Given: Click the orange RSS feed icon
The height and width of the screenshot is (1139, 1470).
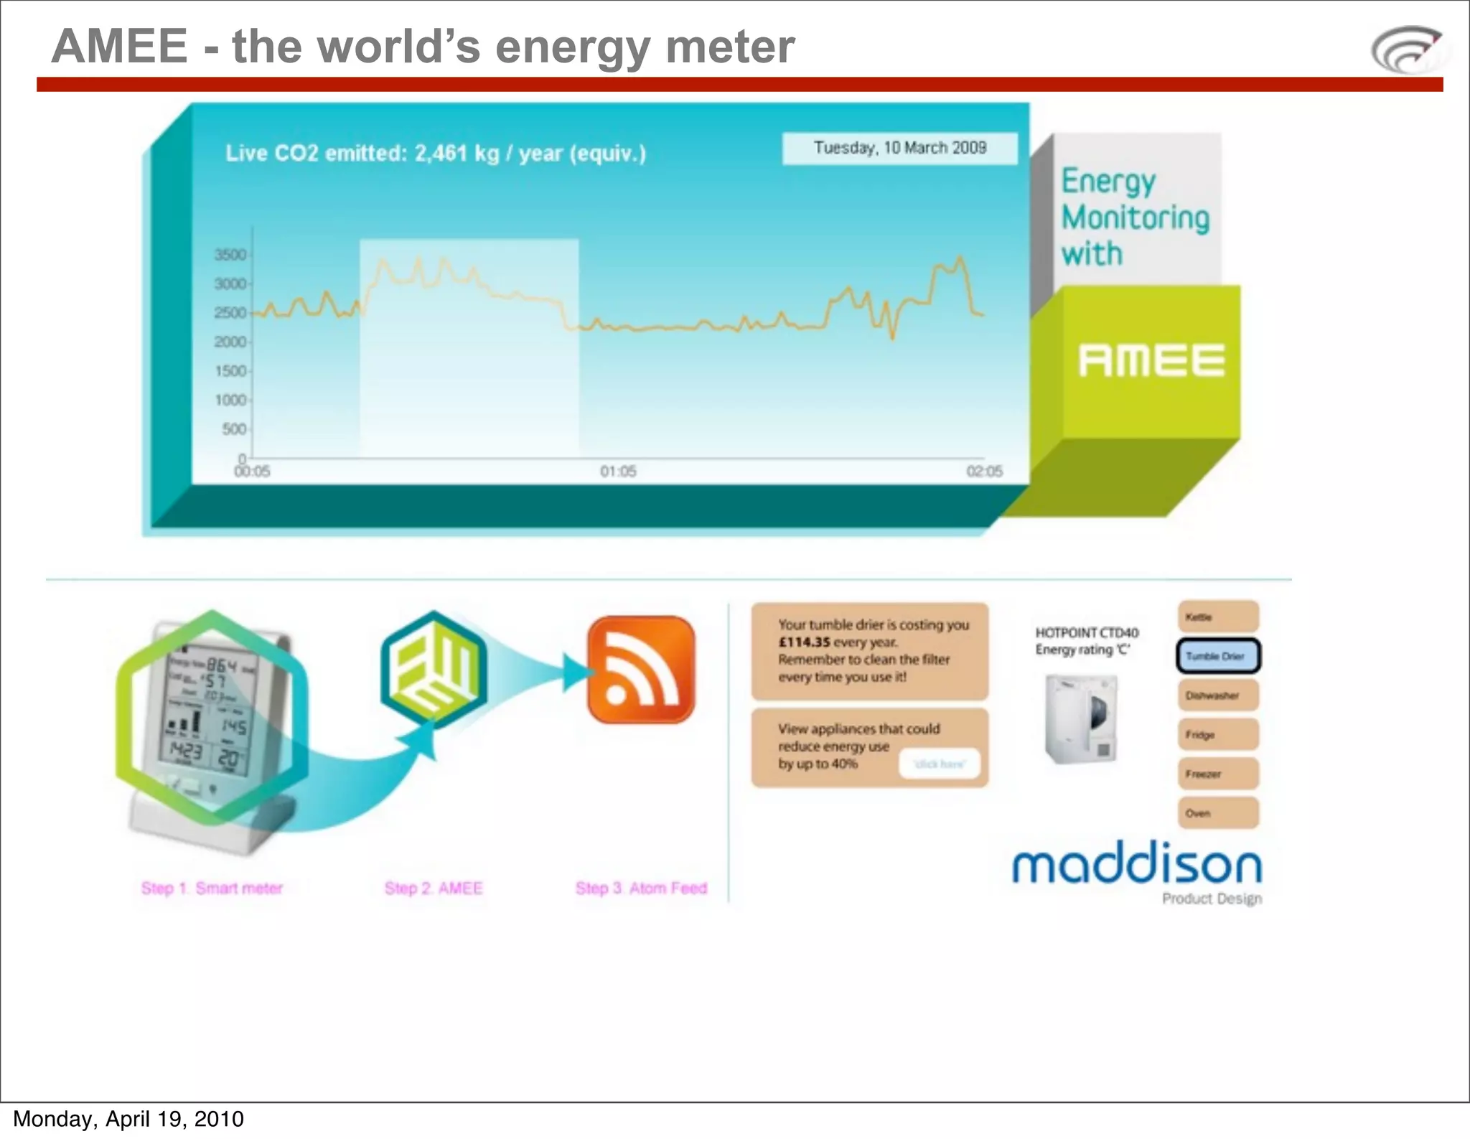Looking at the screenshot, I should click(641, 669).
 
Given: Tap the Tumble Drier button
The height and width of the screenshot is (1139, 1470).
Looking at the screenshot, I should click(1218, 656).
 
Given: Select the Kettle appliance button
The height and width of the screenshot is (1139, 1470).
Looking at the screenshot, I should click(1218, 617).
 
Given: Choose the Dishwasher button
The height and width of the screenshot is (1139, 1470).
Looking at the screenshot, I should click(1218, 695).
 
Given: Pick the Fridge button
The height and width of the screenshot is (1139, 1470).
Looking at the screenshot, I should click(1218, 735).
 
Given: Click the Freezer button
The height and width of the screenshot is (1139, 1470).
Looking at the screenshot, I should click(1218, 774).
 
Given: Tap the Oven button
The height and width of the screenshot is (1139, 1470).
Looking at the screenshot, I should click(1218, 813).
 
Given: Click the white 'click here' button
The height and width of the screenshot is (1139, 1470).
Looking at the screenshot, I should click(940, 764).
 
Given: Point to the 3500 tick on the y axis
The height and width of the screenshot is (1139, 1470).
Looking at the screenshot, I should click(231, 255).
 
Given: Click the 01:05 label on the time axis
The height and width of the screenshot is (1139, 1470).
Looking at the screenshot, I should click(618, 472).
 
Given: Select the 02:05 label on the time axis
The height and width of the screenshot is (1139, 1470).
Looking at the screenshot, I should click(984, 472).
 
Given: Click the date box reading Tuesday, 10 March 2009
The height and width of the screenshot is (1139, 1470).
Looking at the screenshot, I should click(899, 148).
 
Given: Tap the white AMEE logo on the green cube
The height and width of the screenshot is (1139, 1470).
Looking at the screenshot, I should click(1151, 360).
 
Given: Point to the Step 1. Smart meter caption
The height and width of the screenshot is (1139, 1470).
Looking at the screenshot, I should click(212, 889).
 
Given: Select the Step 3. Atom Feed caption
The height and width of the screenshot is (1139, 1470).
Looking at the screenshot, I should click(641, 889).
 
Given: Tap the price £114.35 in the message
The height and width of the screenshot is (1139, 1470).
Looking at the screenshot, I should click(805, 642).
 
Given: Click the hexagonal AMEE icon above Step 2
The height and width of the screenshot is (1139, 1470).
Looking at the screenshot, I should click(434, 670).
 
